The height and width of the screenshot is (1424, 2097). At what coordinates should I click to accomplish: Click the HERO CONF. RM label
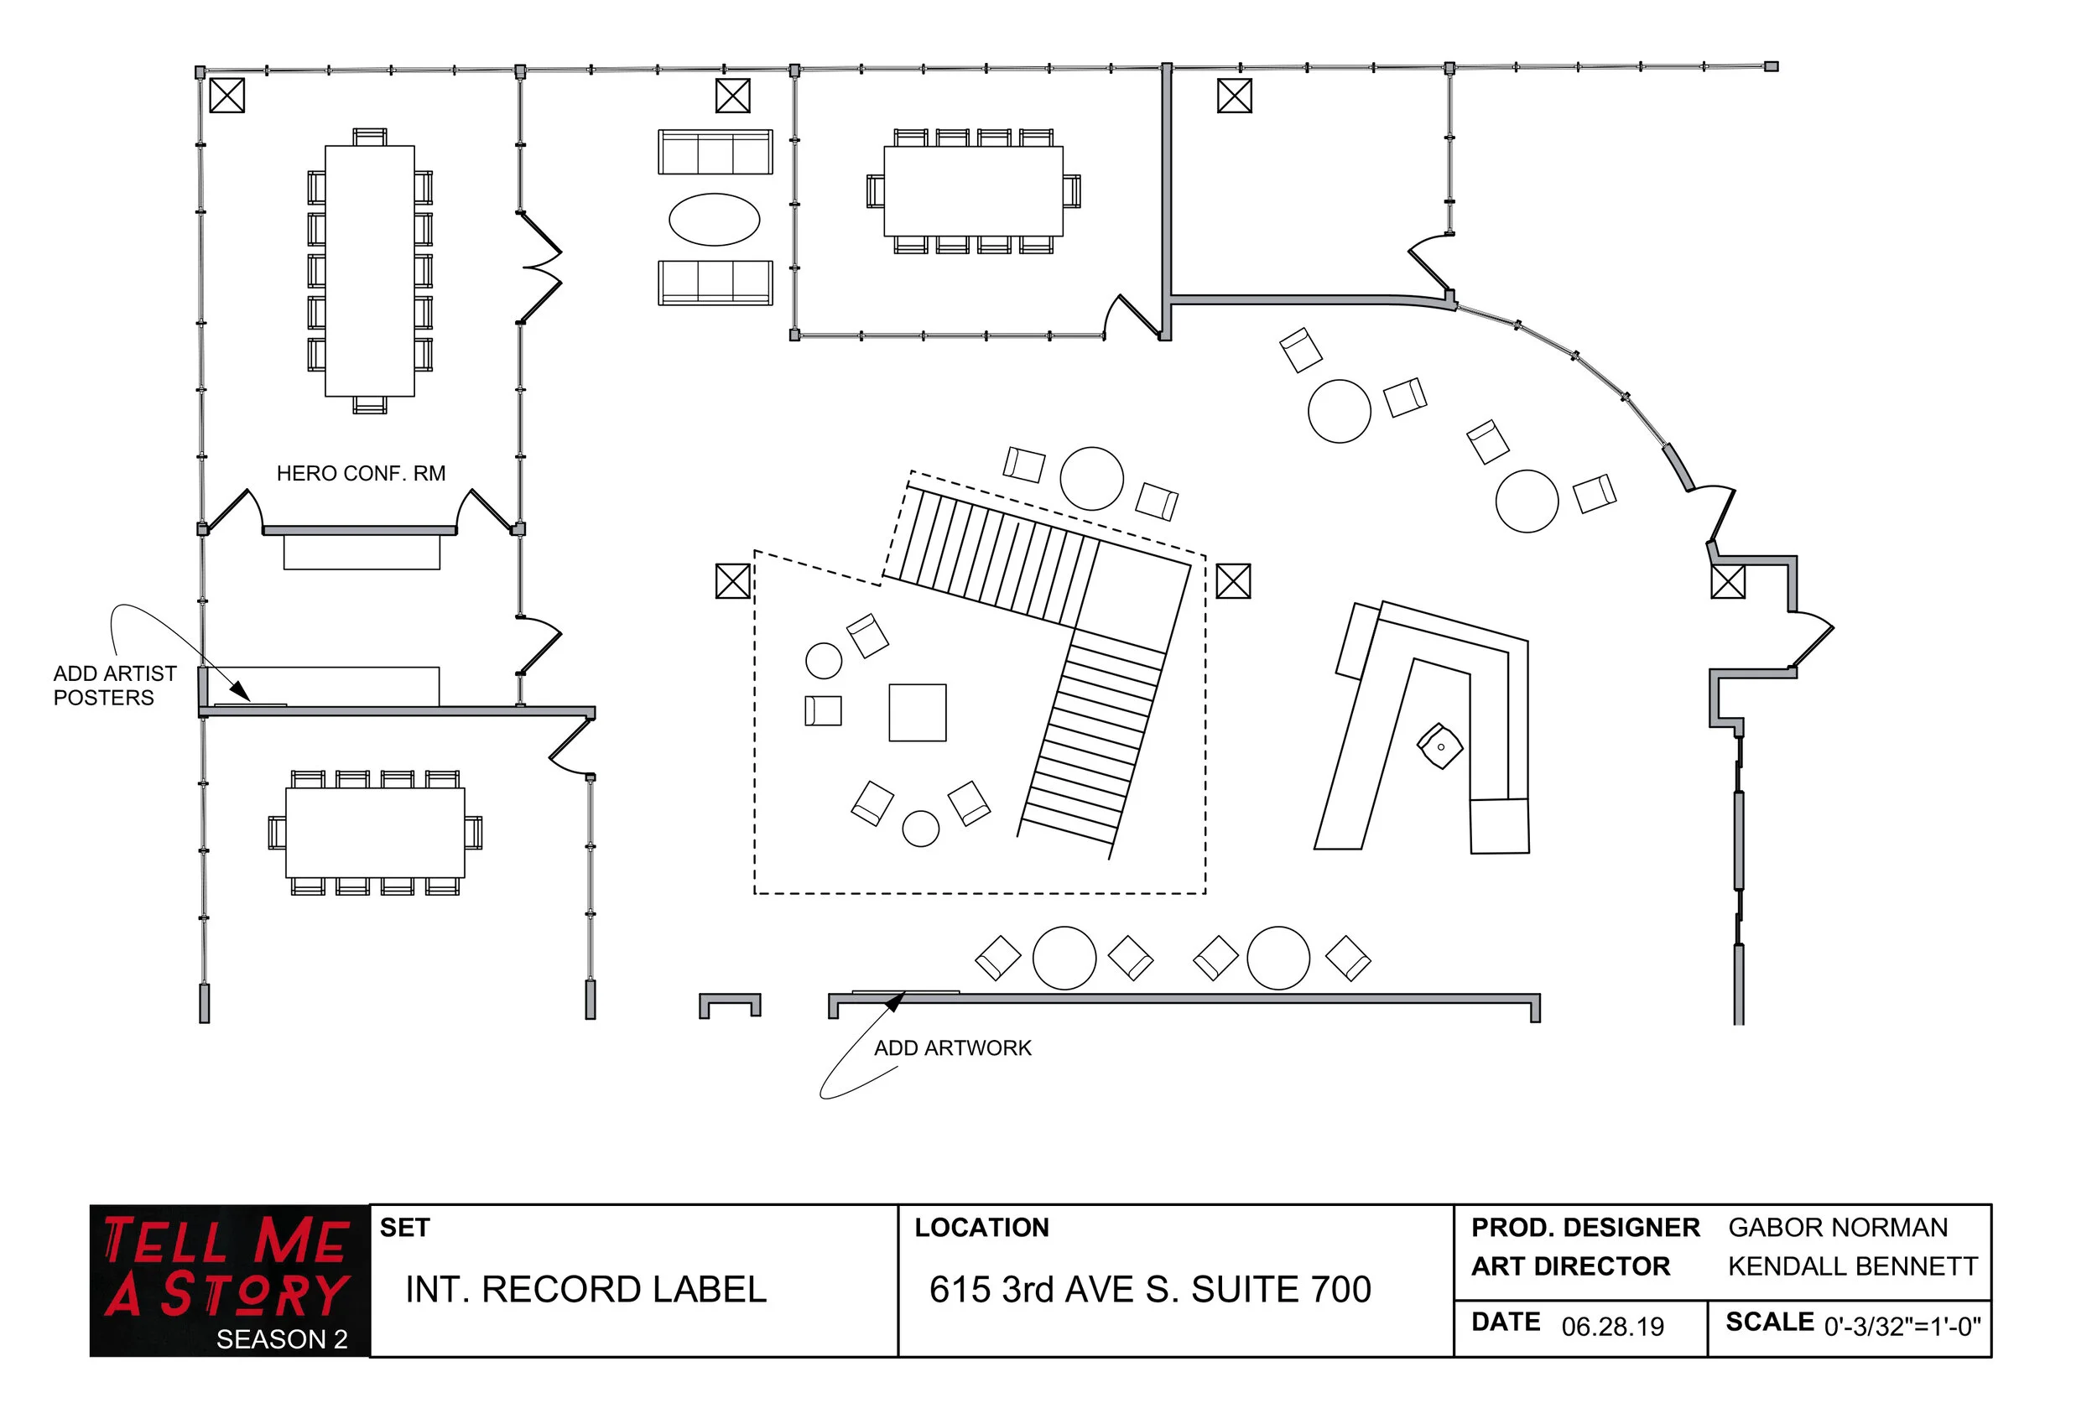[x=361, y=474]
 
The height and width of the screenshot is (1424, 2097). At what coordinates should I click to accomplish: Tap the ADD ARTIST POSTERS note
[x=114, y=686]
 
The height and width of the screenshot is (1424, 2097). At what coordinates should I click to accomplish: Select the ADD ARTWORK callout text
[x=952, y=1047]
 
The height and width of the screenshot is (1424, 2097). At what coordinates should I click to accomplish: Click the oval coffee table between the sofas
[x=714, y=219]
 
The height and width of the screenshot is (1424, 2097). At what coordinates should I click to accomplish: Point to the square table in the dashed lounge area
[x=917, y=713]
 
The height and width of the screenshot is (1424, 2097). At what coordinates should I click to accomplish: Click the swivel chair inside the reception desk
[x=1439, y=746]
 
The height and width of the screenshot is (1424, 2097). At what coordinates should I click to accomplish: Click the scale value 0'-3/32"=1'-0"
[x=1902, y=1327]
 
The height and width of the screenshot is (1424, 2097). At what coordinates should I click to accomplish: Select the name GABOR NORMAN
[x=1837, y=1227]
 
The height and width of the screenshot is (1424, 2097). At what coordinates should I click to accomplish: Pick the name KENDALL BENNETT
[x=1851, y=1266]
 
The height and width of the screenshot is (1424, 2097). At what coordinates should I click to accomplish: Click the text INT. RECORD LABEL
[x=585, y=1290]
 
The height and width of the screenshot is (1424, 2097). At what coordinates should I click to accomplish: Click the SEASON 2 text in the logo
[x=282, y=1339]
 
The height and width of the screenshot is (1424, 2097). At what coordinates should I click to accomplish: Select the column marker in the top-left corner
[x=226, y=96]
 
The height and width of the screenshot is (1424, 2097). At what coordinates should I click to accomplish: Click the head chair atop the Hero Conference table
[x=369, y=138]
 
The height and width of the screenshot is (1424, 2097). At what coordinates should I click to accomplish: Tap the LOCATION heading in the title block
[x=981, y=1227]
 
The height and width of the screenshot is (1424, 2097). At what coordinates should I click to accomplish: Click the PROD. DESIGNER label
[x=1584, y=1227]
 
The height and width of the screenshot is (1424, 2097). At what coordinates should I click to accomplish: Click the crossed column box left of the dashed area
[x=732, y=581]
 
